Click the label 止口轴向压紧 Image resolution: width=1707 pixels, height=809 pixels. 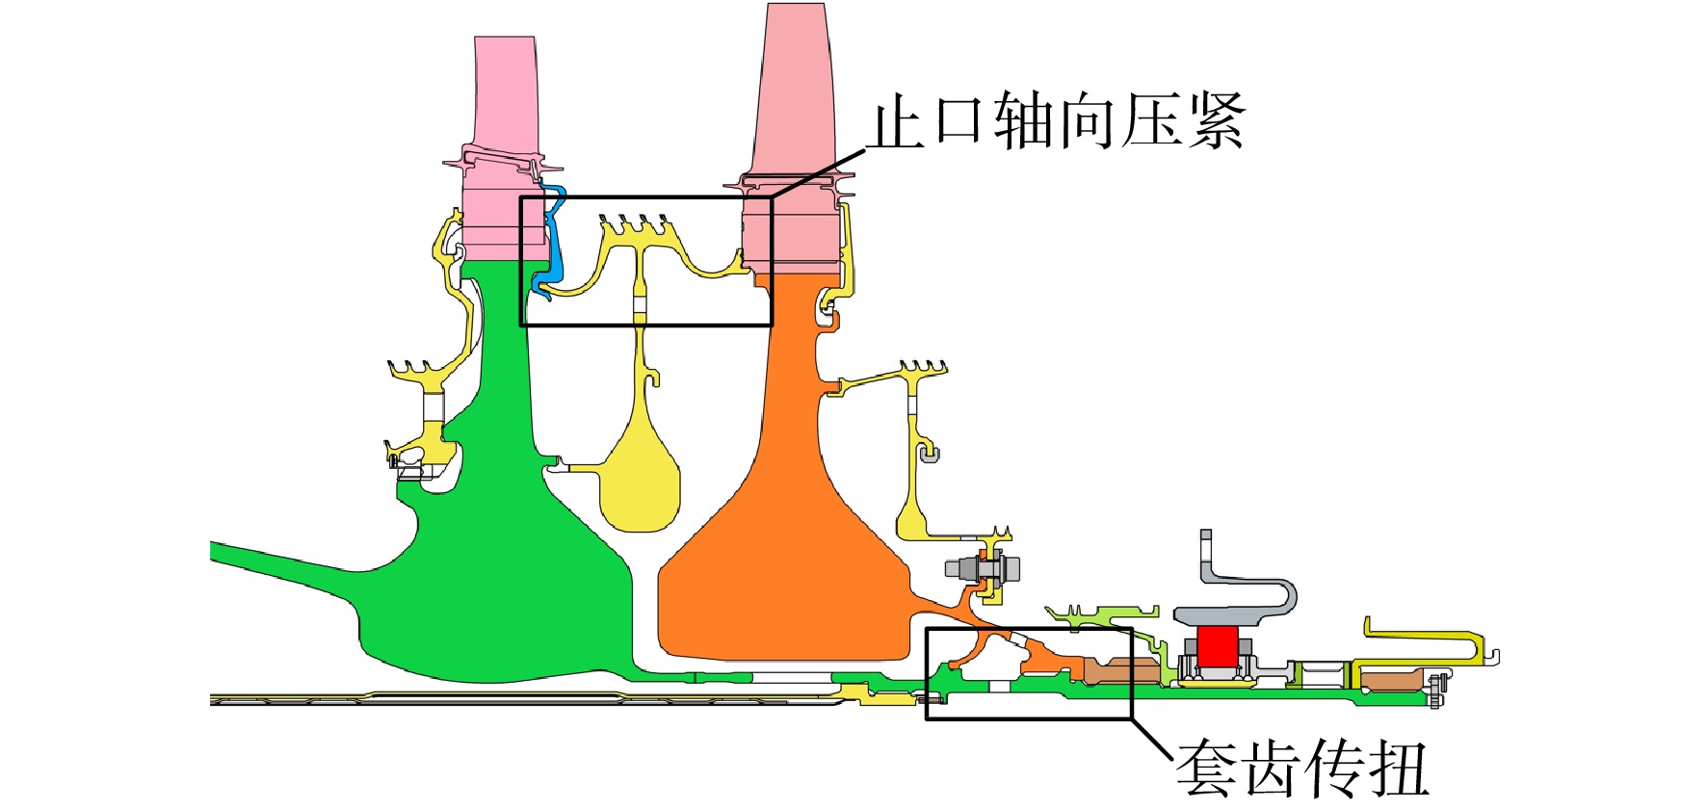[x=1057, y=121]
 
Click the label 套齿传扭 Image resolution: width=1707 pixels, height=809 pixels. [x=1301, y=768]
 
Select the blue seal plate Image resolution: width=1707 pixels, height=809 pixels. [x=551, y=241]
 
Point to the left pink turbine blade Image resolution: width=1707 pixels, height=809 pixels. [x=504, y=154]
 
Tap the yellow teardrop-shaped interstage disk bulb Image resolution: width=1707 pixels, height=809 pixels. [x=640, y=486]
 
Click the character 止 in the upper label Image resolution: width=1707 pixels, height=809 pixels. [x=896, y=121]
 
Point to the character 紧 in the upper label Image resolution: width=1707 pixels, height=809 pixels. [x=1217, y=121]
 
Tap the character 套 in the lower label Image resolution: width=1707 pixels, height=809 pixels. [x=1206, y=768]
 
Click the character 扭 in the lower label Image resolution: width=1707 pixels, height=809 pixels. [x=1397, y=769]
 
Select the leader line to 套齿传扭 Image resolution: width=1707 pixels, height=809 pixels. [x=1153, y=742]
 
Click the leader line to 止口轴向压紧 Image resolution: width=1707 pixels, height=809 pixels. [x=819, y=173]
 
